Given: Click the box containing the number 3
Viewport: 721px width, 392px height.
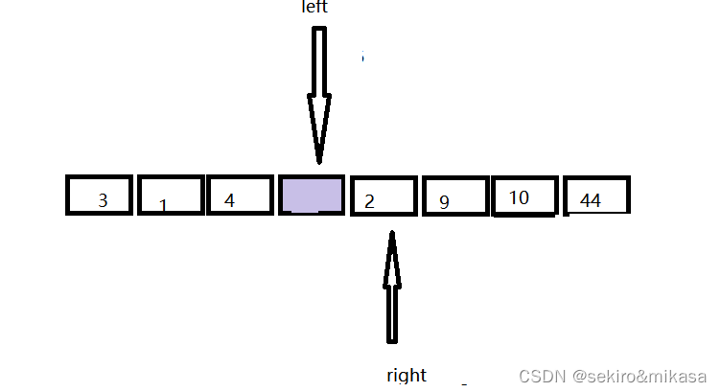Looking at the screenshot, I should click(x=101, y=196).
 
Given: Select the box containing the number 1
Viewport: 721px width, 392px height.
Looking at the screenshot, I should click(x=171, y=196).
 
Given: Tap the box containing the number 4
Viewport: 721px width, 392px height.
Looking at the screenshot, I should click(x=241, y=196).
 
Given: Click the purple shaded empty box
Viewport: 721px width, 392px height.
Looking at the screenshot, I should click(x=312, y=196).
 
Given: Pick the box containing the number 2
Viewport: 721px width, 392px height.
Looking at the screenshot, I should click(x=384, y=196).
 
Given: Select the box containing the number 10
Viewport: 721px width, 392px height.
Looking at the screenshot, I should click(x=523, y=196).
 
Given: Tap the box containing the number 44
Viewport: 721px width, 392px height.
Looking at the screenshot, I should click(x=596, y=196).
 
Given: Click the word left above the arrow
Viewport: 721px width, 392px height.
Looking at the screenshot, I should click(x=314, y=8).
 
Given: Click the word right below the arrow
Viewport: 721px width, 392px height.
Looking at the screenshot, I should click(x=407, y=375).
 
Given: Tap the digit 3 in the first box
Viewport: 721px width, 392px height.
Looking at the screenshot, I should click(x=103, y=201).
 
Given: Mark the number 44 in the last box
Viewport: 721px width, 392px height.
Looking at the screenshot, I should click(x=591, y=201).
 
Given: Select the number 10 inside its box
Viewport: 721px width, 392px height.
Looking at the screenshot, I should click(x=519, y=197).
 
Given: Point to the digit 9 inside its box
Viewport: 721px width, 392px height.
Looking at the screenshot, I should click(x=444, y=202).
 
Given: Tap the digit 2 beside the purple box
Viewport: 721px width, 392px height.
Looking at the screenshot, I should click(x=369, y=201).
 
